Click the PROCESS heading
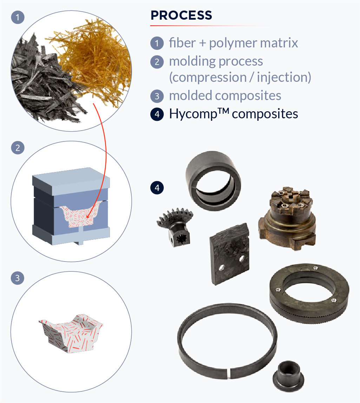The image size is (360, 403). pos(181,15)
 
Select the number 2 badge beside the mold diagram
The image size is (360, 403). pos(18,147)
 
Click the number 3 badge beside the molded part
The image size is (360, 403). pos(18,278)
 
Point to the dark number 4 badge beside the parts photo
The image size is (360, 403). pos(157,188)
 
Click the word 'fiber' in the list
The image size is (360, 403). pos(182,43)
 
